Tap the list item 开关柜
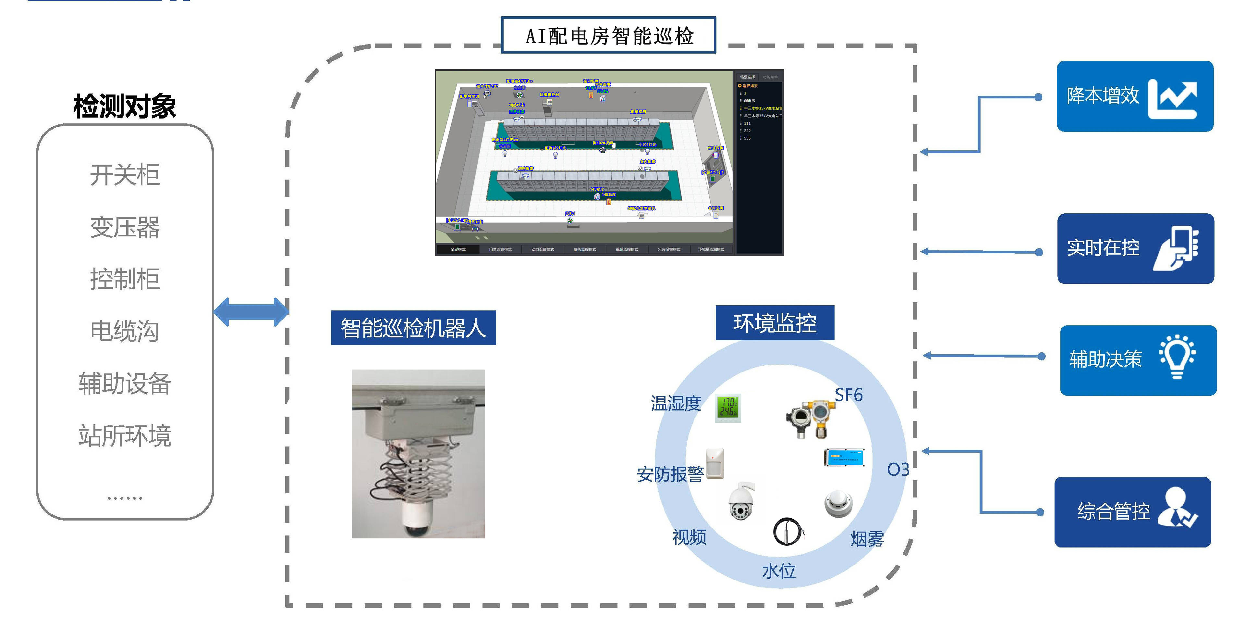pos(125,175)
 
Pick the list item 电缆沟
pos(125,331)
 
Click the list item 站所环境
pos(125,435)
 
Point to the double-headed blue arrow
pos(251,312)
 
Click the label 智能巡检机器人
pos(413,328)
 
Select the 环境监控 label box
pos(775,323)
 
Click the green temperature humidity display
pos(727,408)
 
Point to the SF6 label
pos(849,395)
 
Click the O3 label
pos(898,469)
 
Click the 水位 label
pos(779,571)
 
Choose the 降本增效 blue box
pos(1134,96)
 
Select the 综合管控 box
pos(1132,512)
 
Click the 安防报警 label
pos(669,474)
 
